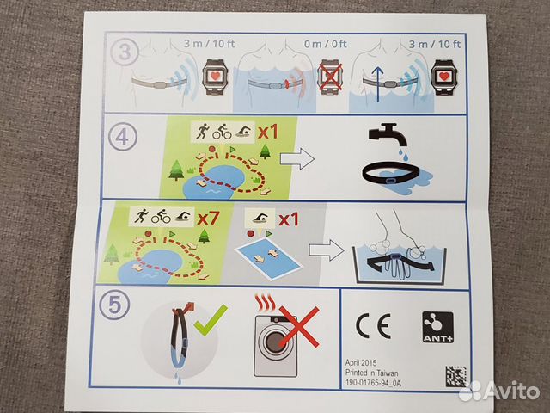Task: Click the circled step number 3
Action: point(125,52)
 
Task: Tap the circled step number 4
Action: point(122,137)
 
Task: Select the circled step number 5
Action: point(114,305)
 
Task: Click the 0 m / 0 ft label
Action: point(325,44)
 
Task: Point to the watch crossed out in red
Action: point(330,79)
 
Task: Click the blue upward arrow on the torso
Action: point(378,84)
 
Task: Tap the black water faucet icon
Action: point(388,134)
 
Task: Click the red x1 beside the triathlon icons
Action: point(268,132)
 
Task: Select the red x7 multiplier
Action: point(208,218)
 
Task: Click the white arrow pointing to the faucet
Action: point(297,158)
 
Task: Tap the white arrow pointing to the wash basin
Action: point(327,250)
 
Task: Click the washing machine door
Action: point(275,343)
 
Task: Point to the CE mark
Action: point(373,326)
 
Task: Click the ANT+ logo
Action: point(437,327)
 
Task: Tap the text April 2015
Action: point(361,363)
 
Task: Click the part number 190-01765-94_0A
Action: point(373,382)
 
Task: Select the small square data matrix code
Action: point(456,376)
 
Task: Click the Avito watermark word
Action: point(512,391)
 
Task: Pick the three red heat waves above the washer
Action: point(266,303)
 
